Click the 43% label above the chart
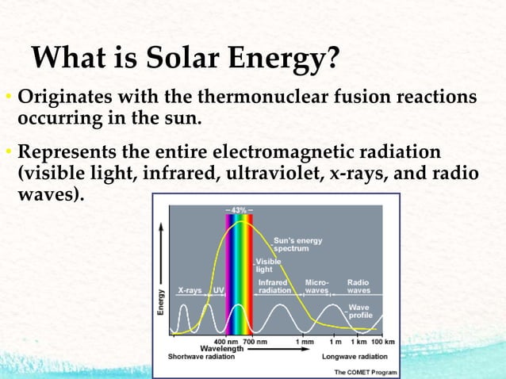point(239,209)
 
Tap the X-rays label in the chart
point(190,289)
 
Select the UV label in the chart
point(218,289)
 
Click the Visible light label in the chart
point(264,265)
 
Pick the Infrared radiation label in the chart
point(274,286)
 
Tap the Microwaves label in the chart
point(317,286)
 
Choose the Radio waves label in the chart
point(358,286)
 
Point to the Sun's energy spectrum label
point(297,243)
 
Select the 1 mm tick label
point(305,341)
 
